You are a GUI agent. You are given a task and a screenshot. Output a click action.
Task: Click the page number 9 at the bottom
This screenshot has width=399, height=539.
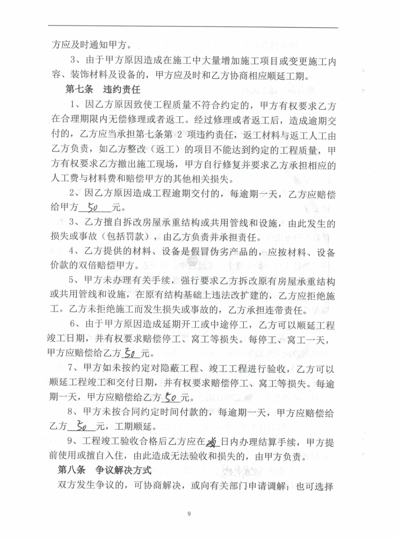189,513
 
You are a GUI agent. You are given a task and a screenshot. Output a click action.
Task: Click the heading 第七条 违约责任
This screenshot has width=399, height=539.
103,89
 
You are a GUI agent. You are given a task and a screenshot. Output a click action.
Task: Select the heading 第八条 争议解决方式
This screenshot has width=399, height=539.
104,470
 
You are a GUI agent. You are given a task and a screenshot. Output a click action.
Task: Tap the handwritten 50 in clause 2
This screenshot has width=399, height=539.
92,208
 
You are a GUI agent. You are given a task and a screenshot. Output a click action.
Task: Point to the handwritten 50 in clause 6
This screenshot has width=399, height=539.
130,353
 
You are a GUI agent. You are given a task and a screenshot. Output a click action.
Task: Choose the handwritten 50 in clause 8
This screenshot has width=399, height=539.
82,426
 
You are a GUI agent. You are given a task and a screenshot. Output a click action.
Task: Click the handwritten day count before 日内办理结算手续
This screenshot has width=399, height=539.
212,442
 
